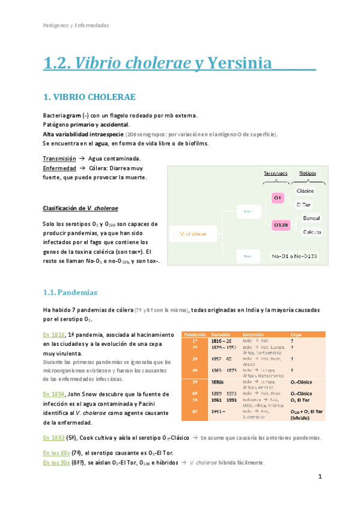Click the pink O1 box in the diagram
tap(277, 197)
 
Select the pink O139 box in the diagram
tap(279, 224)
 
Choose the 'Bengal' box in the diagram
tap(311, 218)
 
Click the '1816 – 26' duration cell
tap(221, 340)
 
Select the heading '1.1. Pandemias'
tap(70, 292)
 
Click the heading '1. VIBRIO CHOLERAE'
tap(90, 96)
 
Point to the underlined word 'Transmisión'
tap(59, 158)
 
